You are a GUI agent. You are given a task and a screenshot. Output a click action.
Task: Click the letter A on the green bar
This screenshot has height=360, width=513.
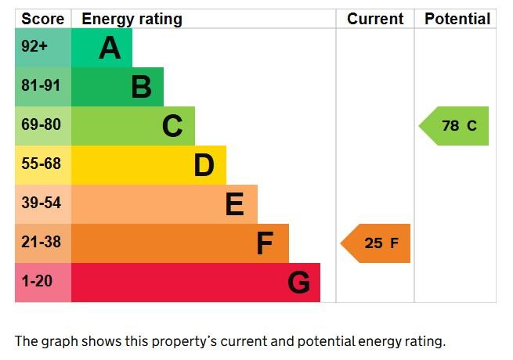click(x=110, y=49)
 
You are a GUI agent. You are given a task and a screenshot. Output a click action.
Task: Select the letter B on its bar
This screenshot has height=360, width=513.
click(x=141, y=87)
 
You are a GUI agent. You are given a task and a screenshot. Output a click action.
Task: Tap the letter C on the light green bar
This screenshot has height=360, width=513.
click(x=172, y=126)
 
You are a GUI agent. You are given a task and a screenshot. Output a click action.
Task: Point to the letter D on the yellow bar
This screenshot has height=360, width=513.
click(x=204, y=165)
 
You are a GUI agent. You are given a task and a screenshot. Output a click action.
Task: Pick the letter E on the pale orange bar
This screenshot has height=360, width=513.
click(x=234, y=204)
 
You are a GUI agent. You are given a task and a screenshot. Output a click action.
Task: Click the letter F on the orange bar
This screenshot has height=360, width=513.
click(x=265, y=243)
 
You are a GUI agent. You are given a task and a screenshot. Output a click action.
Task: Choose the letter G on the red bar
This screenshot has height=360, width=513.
click(x=298, y=283)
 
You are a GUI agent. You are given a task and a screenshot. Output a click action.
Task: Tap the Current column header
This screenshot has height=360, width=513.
click(x=375, y=19)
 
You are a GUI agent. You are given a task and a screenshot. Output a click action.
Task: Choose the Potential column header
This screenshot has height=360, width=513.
click(x=457, y=19)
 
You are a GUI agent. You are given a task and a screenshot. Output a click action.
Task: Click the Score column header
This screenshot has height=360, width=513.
click(x=42, y=19)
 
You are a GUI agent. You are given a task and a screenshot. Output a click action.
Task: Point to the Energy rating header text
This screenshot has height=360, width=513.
click(x=132, y=19)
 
